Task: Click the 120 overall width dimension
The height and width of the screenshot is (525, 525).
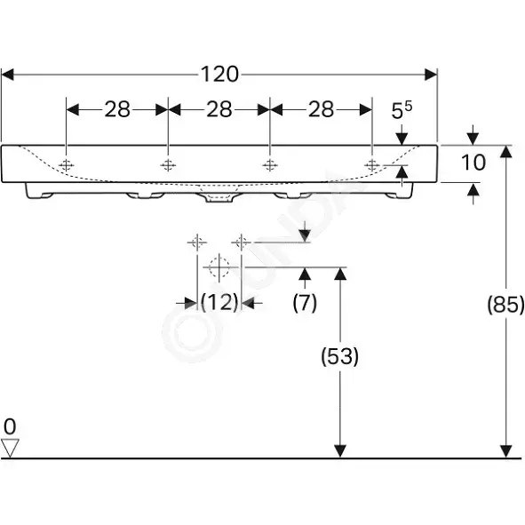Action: tap(219, 75)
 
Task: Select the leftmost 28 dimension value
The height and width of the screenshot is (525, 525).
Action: tap(117, 109)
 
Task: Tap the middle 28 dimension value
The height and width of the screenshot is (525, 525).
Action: tap(219, 109)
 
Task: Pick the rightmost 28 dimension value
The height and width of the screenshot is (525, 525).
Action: tap(321, 109)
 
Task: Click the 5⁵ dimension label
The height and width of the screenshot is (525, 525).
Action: tap(402, 110)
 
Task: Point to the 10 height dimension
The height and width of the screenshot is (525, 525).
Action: tap(473, 163)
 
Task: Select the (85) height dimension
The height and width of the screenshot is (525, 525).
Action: tap(505, 305)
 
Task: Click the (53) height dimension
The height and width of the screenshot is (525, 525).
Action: tap(340, 356)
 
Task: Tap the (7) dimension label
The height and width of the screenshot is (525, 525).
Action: tap(305, 303)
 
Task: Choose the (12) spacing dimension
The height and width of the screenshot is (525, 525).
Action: tap(219, 302)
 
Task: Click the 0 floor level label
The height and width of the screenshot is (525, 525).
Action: tap(10, 427)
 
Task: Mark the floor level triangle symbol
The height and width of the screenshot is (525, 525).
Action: tap(10, 448)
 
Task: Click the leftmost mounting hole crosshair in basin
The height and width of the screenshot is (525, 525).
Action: tap(67, 165)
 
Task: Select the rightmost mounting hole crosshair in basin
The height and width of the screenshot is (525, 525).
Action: tap(372, 165)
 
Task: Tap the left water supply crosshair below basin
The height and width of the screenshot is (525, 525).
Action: tap(197, 243)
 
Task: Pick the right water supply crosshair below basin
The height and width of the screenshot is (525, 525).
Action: tap(241, 243)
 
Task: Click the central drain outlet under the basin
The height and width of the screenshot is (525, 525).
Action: tap(219, 197)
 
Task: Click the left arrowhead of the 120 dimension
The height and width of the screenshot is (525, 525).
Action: tap(7, 75)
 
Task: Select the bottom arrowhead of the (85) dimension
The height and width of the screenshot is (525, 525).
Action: tap(505, 450)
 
